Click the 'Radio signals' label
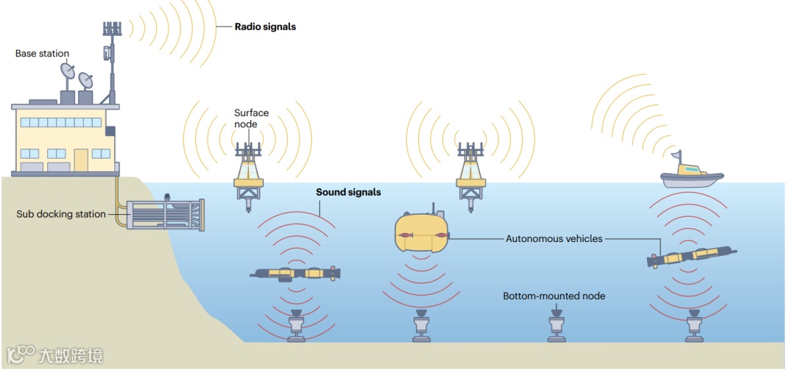click(x=265, y=27)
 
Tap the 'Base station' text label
click(x=42, y=54)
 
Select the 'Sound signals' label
click(x=348, y=193)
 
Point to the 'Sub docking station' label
click(x=61, y=215)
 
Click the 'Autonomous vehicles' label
click(x=554, y=239)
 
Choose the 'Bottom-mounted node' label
click(x=554, y=296)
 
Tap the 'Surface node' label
click(x=251, y=118)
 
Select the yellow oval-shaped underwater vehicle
click(x=420, y=232)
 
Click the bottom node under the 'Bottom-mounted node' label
click(x=556, y=328)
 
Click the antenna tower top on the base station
click(x=112, y=29)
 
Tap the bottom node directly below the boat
click(x=693, y=328)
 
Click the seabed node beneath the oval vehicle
click(x=422, y=328)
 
